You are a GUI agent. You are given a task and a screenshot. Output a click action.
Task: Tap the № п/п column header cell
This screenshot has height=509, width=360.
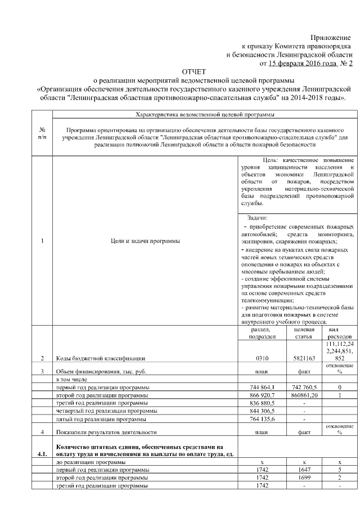coord(43,134)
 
